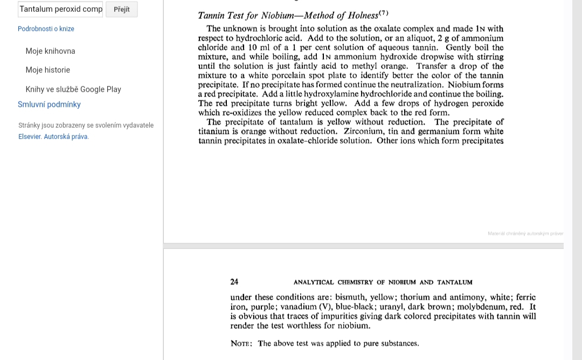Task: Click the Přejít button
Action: (122, 9)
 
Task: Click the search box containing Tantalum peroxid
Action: (60, 9)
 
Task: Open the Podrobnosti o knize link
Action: (46, 29)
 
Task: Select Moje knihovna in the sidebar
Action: (50, 51)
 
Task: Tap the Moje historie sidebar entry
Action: (47, 70)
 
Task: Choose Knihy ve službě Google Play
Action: (73, 89)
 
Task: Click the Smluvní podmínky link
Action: (49, 105)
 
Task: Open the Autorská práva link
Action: (66, 137)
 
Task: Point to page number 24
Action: (234, 282)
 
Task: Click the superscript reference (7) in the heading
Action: (383, 13)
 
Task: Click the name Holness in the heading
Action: (363, 16)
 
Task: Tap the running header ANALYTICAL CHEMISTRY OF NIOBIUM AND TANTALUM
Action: (383, 282)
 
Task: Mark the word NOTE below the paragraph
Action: (241, 344)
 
